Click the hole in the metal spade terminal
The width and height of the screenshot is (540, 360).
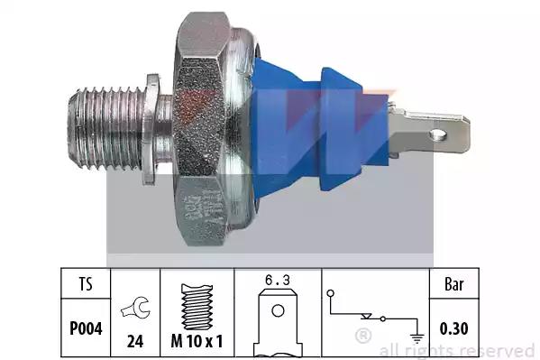(x=438, y=134)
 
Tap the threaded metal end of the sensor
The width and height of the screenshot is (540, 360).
(x=105, y=129)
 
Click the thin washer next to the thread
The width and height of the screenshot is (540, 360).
(x=151, y=129)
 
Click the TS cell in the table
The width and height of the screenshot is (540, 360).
(x=86, y=283)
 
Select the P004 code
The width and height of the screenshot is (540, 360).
(x=86, y=328)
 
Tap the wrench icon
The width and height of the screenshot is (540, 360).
(x=135, y=307)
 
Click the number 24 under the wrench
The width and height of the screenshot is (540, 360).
(x=135, y=341)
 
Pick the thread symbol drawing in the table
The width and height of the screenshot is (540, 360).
(x=197, y=307)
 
